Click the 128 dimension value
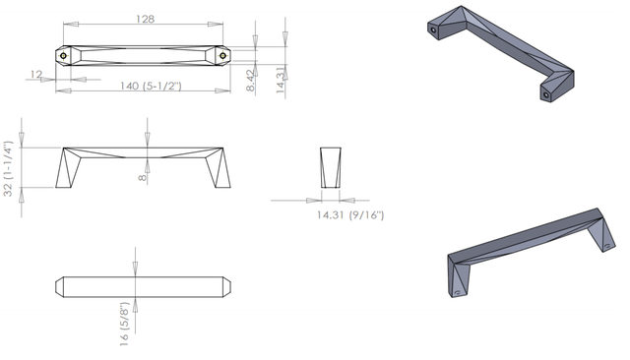145,19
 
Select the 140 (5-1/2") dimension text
151,86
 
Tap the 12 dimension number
36,74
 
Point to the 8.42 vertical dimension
250,81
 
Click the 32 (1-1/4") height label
9,168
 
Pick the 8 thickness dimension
143,177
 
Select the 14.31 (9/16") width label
350,215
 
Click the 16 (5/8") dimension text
124,324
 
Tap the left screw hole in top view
63,56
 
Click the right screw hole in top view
222,56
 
